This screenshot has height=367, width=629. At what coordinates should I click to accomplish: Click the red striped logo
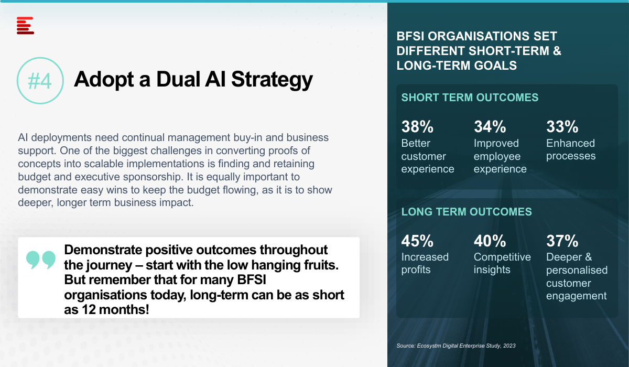(25, 26)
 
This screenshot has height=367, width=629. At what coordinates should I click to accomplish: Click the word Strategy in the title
(272, 80)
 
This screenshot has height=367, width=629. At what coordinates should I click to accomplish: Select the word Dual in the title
(178, 79)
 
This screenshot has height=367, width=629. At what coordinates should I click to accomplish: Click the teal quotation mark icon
(41, 260)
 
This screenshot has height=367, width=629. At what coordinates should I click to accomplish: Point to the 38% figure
(417, 126)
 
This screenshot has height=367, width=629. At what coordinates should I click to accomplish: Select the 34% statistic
(490, 126)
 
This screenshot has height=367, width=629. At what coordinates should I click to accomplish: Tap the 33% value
(562, 126)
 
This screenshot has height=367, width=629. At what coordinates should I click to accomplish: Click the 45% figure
(417, 241)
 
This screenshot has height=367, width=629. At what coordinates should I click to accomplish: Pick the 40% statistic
(490, 241)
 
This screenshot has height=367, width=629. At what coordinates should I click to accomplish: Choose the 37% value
(562, 241)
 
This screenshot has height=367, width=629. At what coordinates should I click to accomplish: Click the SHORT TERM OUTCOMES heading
(470, 98)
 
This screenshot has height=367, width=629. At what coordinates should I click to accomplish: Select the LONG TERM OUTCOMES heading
(467, 212)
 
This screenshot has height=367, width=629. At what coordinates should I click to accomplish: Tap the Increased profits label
(425, 263)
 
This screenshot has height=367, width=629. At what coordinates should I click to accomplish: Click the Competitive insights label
(502, 263)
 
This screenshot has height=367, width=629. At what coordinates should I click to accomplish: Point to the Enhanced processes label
(571, 149)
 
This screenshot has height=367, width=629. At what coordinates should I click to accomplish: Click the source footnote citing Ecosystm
(456, 346)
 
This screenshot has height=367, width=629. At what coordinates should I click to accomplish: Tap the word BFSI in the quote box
(252, 279)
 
